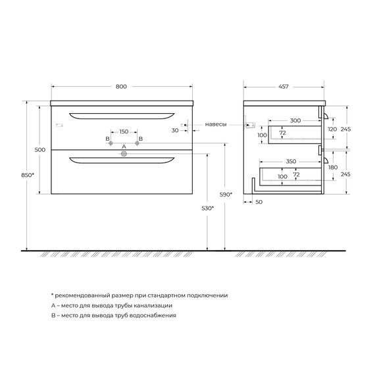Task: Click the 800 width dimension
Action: (x=121, y=86)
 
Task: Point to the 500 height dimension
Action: (x=39, y=150)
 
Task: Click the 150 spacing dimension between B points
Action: (x=123, y=132)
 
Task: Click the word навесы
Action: (x=215, y=124)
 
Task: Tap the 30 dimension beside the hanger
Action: (x=174, y=130)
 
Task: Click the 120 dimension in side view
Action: (x=332, y=130)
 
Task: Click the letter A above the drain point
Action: (x=123, y=146)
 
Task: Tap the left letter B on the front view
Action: (x=107, y=139)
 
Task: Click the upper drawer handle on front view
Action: (x=121, y=117)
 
